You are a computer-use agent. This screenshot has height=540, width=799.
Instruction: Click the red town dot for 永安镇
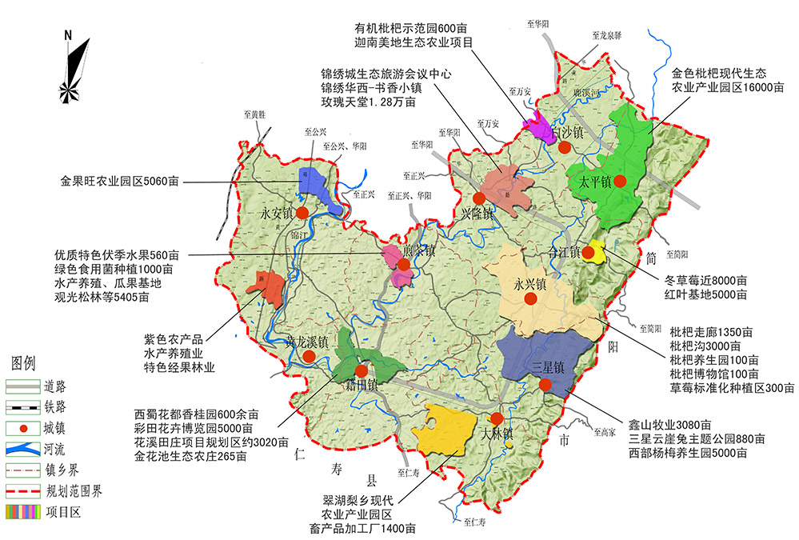click(x=302, y=213)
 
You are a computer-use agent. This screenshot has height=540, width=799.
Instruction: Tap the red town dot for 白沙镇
click(x=565, y=147)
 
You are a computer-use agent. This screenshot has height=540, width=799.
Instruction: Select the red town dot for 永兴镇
click(x=529, y=299)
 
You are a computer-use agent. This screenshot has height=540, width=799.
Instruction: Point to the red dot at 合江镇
click(x=589, y=253)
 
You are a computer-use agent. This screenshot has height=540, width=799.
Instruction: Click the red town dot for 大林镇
click(x=497, y=418)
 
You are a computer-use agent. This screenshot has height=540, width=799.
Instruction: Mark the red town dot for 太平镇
click(x=620, y=182)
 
